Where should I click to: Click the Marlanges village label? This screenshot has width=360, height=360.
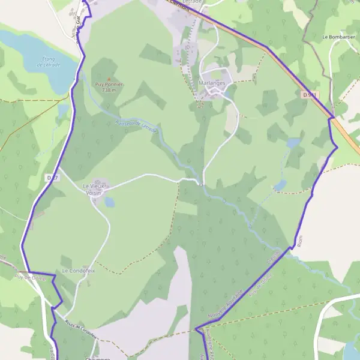(x=211, y=84)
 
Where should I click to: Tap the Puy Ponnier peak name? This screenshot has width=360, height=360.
(x=109, y=85)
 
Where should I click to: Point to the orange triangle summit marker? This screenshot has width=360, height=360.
(x=109, y=79)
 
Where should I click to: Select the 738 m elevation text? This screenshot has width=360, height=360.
(x=109, y=90)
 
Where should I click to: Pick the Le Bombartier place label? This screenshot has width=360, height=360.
(x=339, y=37)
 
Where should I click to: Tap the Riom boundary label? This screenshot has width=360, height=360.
(x=301, y=241)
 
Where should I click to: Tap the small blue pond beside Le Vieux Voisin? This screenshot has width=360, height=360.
(x=109, y=202)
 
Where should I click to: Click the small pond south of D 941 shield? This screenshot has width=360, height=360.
(x=293, y=143)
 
